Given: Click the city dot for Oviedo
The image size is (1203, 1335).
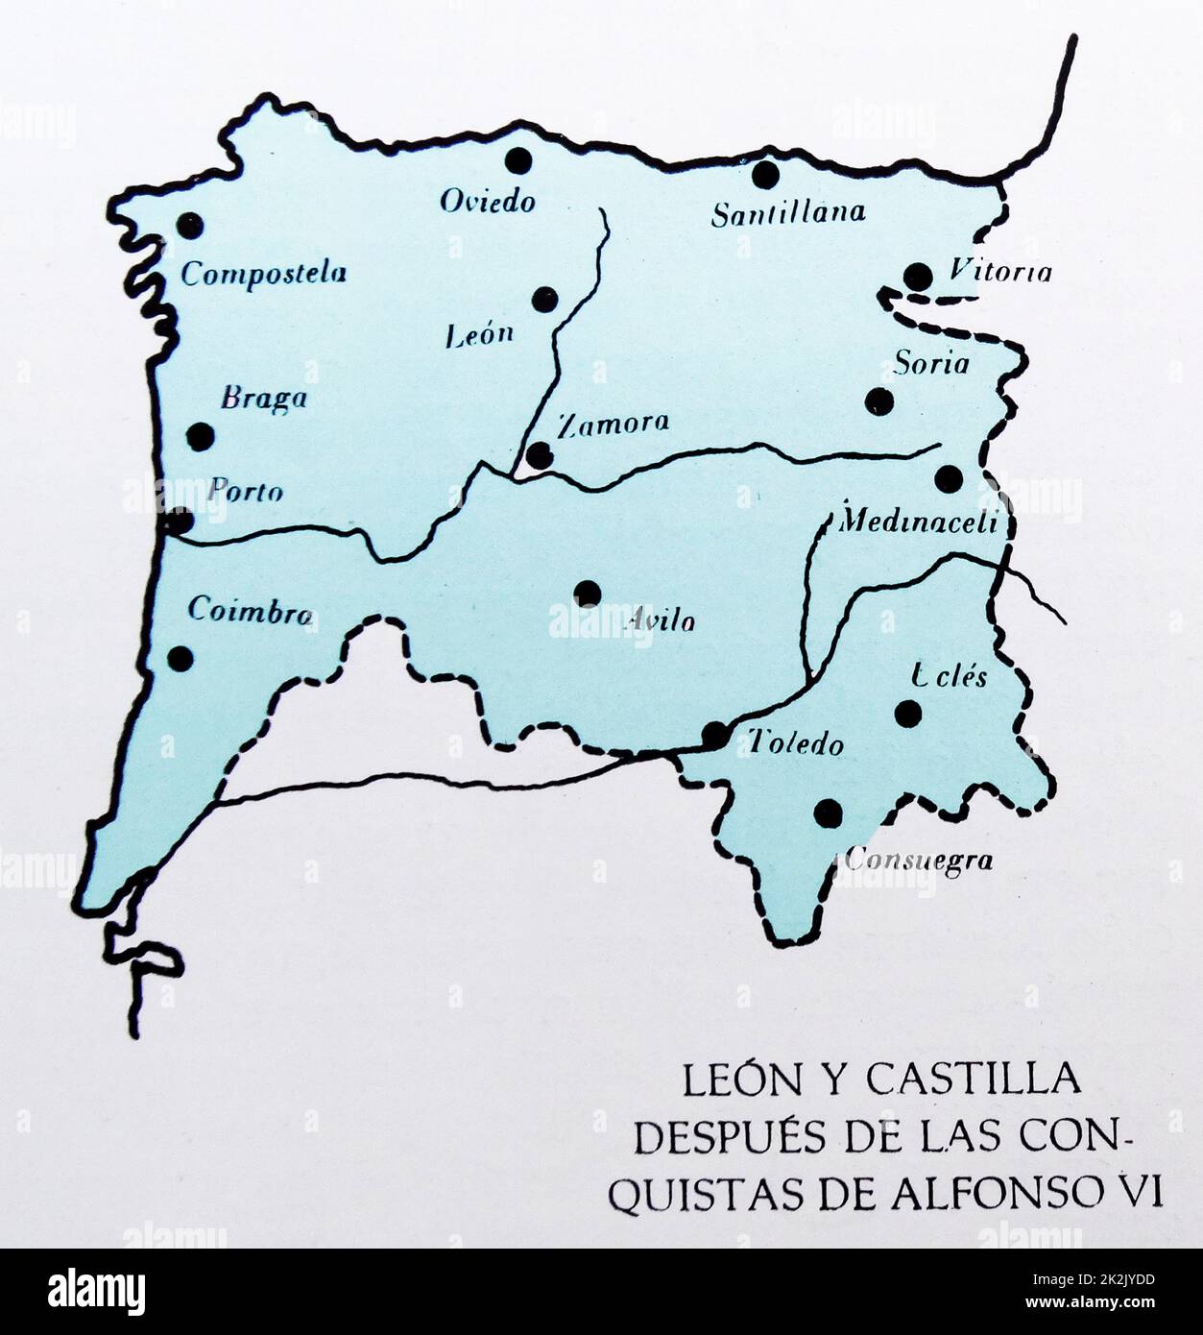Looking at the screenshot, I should point(518,159).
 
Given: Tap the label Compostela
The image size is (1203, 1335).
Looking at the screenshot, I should point(263,274).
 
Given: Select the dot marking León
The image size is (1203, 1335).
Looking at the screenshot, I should point(544,299).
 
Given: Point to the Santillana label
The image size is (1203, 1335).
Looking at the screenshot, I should point(787,212).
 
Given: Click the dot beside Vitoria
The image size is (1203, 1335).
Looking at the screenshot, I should point(918,277).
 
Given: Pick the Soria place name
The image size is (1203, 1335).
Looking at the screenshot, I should point(931,364).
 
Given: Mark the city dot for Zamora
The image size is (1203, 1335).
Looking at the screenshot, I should point(540,454).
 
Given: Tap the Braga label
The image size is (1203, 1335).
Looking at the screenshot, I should point(263,398).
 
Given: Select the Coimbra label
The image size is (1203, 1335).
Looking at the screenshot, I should point(250,611).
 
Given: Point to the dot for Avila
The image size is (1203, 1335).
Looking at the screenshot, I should point(588,594).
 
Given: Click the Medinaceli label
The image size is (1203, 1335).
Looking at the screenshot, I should point(919,522).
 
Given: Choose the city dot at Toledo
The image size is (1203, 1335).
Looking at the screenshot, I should point(714,736).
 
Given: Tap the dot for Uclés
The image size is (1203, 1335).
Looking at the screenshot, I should point(907,713).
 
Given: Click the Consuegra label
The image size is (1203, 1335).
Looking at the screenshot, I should point(918,861).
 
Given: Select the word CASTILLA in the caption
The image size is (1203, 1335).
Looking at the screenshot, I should point(973,1080).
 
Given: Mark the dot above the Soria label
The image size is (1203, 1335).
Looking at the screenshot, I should point(918,277).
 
